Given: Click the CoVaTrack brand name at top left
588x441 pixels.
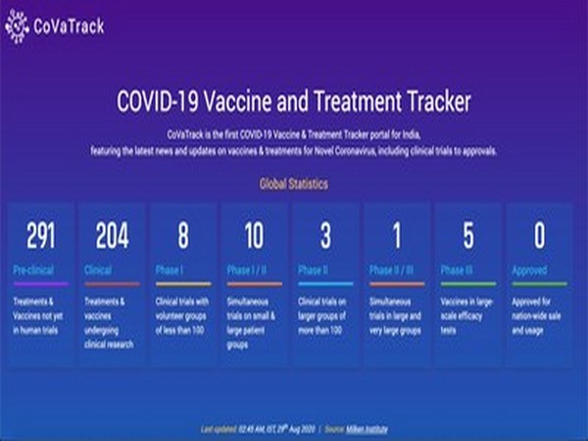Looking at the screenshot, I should click(66, 27).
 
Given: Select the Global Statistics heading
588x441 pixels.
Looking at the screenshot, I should click(293, 183).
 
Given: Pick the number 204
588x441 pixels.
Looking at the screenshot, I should click(112, 235).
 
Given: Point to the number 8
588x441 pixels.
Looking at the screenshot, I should click(182, 235).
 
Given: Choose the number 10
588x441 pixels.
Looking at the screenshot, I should click(254, 235).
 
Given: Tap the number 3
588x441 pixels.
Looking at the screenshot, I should click(324, 235).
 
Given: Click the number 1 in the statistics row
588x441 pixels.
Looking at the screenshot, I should click(395, 235).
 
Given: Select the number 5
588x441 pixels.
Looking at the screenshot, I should click(467, 235).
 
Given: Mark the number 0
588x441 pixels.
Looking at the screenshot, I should click(539, 235).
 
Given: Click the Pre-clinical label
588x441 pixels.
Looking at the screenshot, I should click(33, 269).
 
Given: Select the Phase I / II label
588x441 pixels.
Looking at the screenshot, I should click(249, 269).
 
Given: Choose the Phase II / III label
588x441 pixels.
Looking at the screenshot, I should click(393, 269).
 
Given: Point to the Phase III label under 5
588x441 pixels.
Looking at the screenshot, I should click(458, 269).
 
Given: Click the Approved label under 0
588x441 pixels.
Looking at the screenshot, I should click(530, 269).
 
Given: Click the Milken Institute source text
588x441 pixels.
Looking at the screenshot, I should click(373, 428).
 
